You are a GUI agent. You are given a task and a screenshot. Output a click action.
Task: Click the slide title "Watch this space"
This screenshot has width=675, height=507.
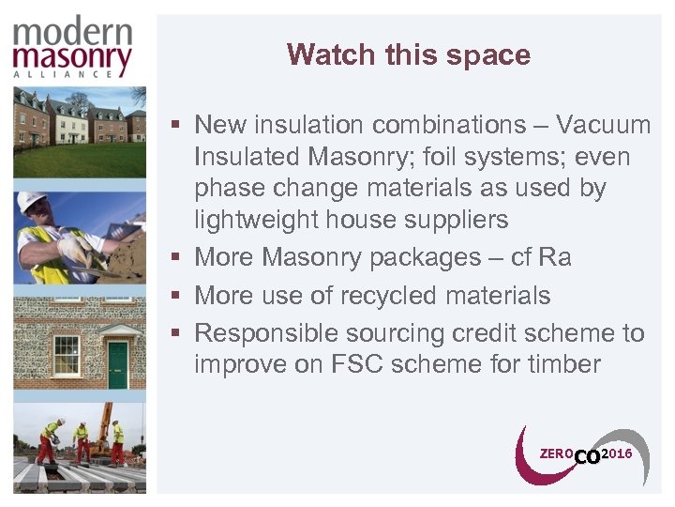tap(409, 54)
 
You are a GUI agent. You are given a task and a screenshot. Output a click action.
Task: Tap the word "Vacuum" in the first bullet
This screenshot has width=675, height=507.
tap(603, 125)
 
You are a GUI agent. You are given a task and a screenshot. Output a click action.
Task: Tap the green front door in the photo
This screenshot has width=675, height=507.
tap(117, 364)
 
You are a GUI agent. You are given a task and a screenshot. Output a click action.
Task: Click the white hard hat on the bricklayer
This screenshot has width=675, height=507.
tap(33, 203)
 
